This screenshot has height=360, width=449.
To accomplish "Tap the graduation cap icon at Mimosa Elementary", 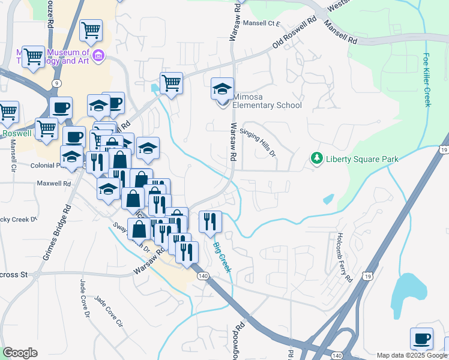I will (x=222, y=89).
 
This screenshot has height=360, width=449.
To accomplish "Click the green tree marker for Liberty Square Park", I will (x=316, y=158).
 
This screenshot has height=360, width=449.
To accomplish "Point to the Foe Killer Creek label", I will (x=427, y=80).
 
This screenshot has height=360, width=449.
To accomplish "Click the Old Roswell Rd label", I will (x=294, y=34).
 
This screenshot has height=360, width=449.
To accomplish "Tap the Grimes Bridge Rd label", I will (x=57, y=233).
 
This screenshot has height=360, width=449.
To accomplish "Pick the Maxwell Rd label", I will (x=50, y=182).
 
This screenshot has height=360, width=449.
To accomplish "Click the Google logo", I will (x=20, y=353).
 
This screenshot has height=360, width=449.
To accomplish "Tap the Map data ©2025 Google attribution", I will (x=412, y=355).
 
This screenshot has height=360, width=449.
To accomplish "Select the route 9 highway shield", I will (x=55, y=83).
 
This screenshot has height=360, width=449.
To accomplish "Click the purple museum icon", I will (x=99, y=56).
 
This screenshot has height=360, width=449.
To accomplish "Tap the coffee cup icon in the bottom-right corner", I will (x=421, y=338).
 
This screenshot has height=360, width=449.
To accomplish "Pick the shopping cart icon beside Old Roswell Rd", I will (x=171, y=83).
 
